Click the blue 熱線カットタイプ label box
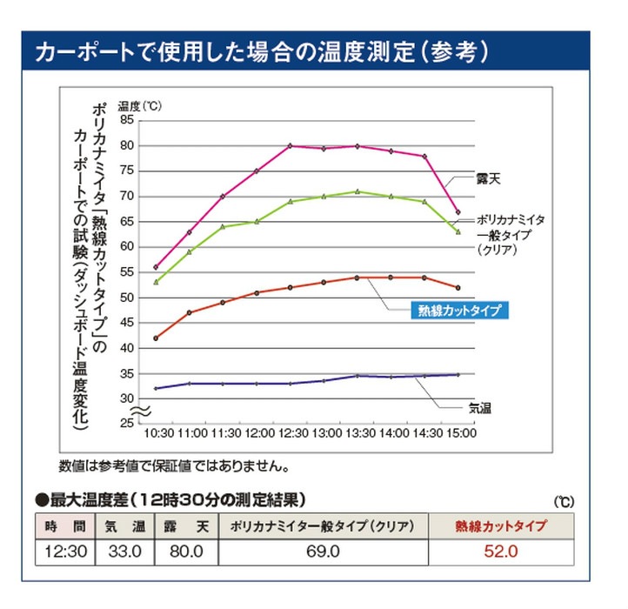[458, 310]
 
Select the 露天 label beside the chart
[489, 178]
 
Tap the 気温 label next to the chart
[479, 407]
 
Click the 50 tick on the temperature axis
[126, 298]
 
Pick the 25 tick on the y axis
[126, 423]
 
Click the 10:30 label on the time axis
[157, 433]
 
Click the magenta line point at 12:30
[291, 145]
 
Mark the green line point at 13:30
[357, 191]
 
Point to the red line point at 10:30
[156, 338]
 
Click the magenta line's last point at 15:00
[458, 212]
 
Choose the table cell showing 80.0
[185, 552]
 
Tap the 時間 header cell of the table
[64, 526]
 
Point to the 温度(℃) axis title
[140, 105]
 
